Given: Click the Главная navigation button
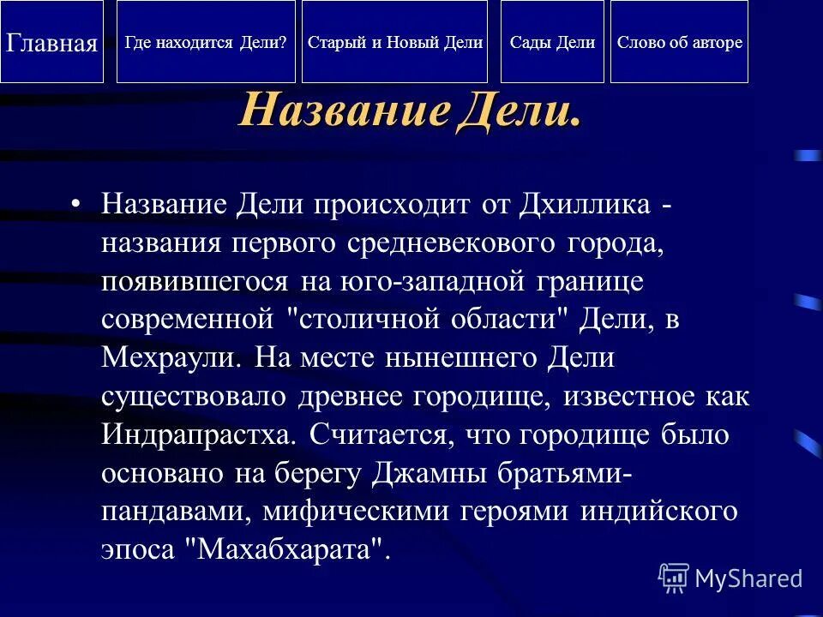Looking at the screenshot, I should coord(51,42).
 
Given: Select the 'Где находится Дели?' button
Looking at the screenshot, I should coord(206,42).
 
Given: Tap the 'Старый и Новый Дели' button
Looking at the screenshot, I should coord(394,42).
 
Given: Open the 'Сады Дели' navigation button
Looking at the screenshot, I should coord(552,42).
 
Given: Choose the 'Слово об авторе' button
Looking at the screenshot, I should coord(679,42).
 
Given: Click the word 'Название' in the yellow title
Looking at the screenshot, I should coord(343,111).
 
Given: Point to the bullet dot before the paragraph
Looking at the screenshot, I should coord(76,205).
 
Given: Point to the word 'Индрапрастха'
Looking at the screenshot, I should coord(198,434).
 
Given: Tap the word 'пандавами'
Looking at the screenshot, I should coord(175,511).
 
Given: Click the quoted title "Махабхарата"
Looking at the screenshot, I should coord(287,548).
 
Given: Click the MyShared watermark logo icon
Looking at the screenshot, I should coord(674,578).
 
